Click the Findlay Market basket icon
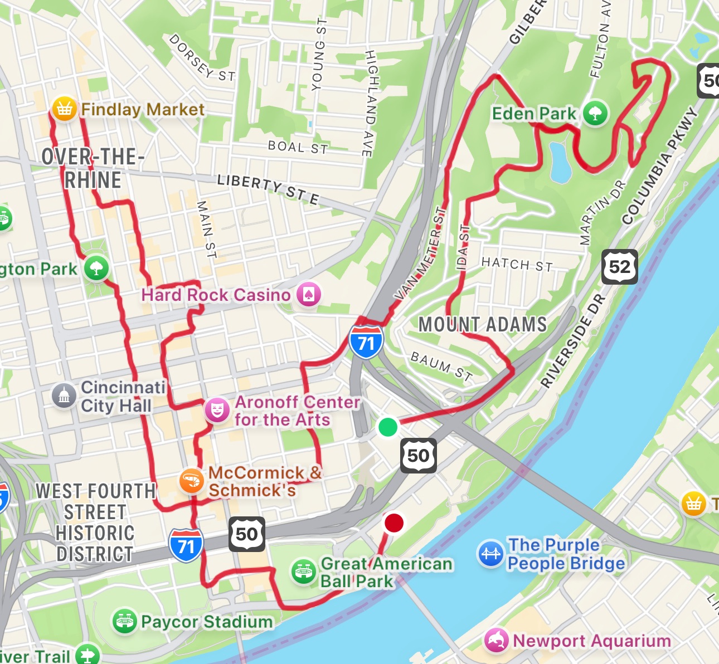pos(64,109)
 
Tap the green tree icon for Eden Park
pos(595,113)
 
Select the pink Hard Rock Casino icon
pos(308,294)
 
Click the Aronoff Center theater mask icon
pos(217,411)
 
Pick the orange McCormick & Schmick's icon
pos(191,481)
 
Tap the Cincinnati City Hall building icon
pos(64,396)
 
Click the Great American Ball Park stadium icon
pos(304,572)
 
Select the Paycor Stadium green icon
pos(125,621)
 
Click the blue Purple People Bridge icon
pos(490,554)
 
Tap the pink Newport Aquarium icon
pos(496,640)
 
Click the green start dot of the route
pos(388,427)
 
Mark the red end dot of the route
pos(394,523)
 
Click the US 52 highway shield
pos(620,267)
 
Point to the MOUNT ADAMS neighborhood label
pos(483,324)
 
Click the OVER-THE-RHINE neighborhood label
pos(93,168)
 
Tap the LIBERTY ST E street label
pos(268,189)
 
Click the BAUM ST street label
pos(441,366)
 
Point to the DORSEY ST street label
pos(202,57)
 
